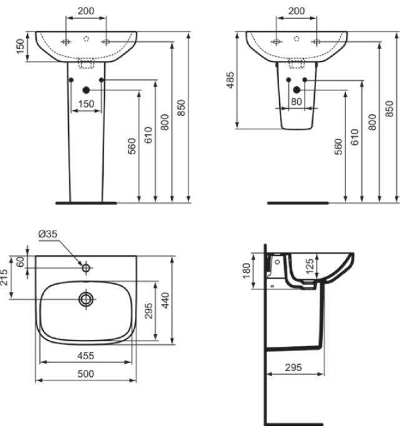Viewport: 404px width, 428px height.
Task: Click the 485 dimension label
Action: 230,80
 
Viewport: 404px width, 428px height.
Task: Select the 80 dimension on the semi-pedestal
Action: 296,102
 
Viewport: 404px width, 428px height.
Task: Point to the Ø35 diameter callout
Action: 48,234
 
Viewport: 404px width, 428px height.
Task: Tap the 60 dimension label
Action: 22,262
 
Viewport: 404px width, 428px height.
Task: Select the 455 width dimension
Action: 86,356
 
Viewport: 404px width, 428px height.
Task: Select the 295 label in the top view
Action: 149,311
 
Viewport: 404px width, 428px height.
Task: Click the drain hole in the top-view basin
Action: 86,299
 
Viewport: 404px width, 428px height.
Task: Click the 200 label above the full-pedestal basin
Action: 86,11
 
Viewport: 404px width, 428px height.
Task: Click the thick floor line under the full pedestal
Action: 86,202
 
